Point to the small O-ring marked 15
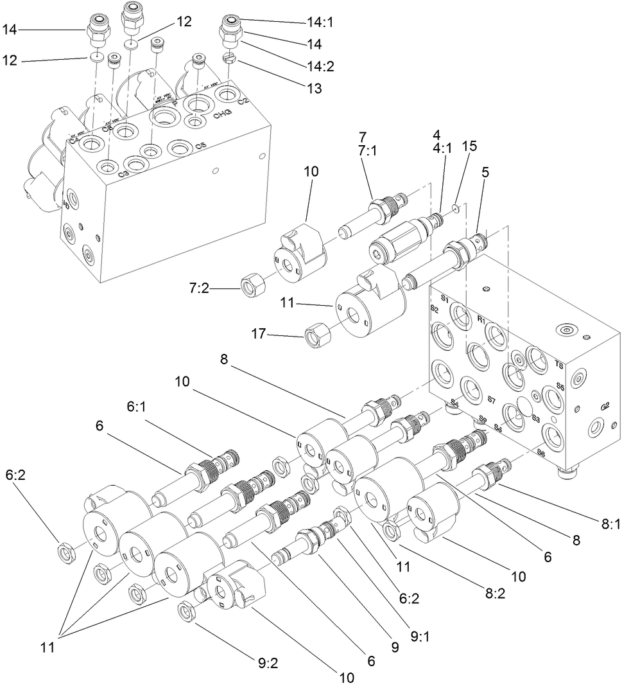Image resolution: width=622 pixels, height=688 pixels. tap(455, 207)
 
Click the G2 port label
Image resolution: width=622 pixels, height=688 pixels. tap(605, 406)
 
